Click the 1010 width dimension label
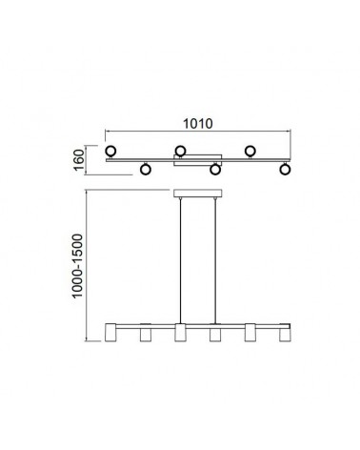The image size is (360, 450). [x=198, y=122]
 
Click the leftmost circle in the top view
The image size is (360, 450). [x=111, y=151]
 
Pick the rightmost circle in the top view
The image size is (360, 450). [x=284, y=169]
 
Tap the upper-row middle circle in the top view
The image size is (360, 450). [x=180, y=151]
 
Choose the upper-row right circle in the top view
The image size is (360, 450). [x=250, y=151]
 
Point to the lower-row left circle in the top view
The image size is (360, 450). [x=145, y=169]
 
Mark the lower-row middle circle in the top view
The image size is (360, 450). [x=215, y=169]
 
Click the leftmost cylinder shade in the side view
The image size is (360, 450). [x=111, y=335]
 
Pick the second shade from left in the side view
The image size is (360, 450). [x=145, y=335]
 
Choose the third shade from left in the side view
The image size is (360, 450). [x=180, y=335]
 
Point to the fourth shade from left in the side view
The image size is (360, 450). [x=215, y=335]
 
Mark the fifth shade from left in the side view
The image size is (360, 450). [x=250, y=335]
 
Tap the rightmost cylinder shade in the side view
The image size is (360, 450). [x=284, y=335]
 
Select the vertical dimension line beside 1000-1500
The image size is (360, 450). [x=89, y=267]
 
